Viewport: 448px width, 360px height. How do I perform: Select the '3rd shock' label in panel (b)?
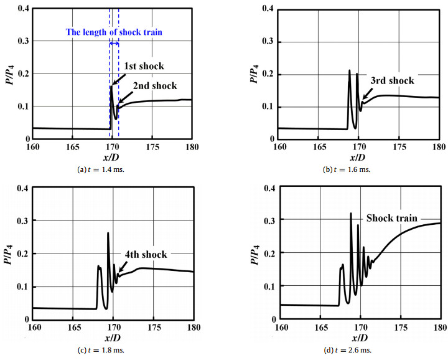coord(392,80)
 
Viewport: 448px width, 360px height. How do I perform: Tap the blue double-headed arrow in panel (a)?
coord(114,43)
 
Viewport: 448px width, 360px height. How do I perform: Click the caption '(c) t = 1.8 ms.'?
coord(113,350)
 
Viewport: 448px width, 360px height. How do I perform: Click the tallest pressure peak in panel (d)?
coord(351,214)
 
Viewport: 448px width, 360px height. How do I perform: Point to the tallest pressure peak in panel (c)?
coord(108,234)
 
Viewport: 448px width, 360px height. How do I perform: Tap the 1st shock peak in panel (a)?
coord(111,87)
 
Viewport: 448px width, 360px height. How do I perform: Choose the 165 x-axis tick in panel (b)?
coord(319,148)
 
